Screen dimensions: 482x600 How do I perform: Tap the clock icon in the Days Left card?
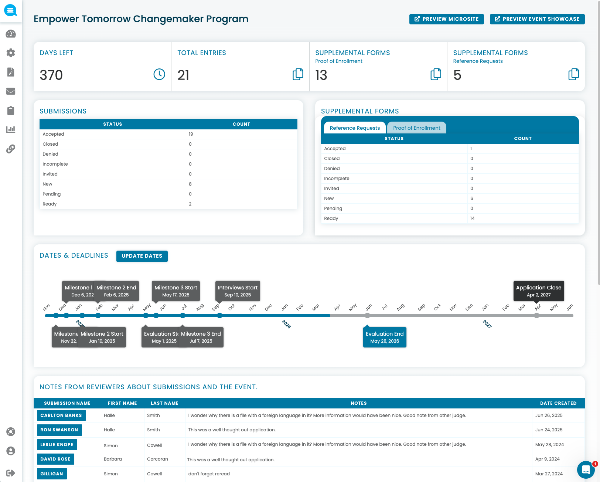(159, 74)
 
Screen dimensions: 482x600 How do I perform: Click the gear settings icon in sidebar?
(11, 53)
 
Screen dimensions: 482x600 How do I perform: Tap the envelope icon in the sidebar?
(11, 91)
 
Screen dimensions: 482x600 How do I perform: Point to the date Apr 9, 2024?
(547, 459)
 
